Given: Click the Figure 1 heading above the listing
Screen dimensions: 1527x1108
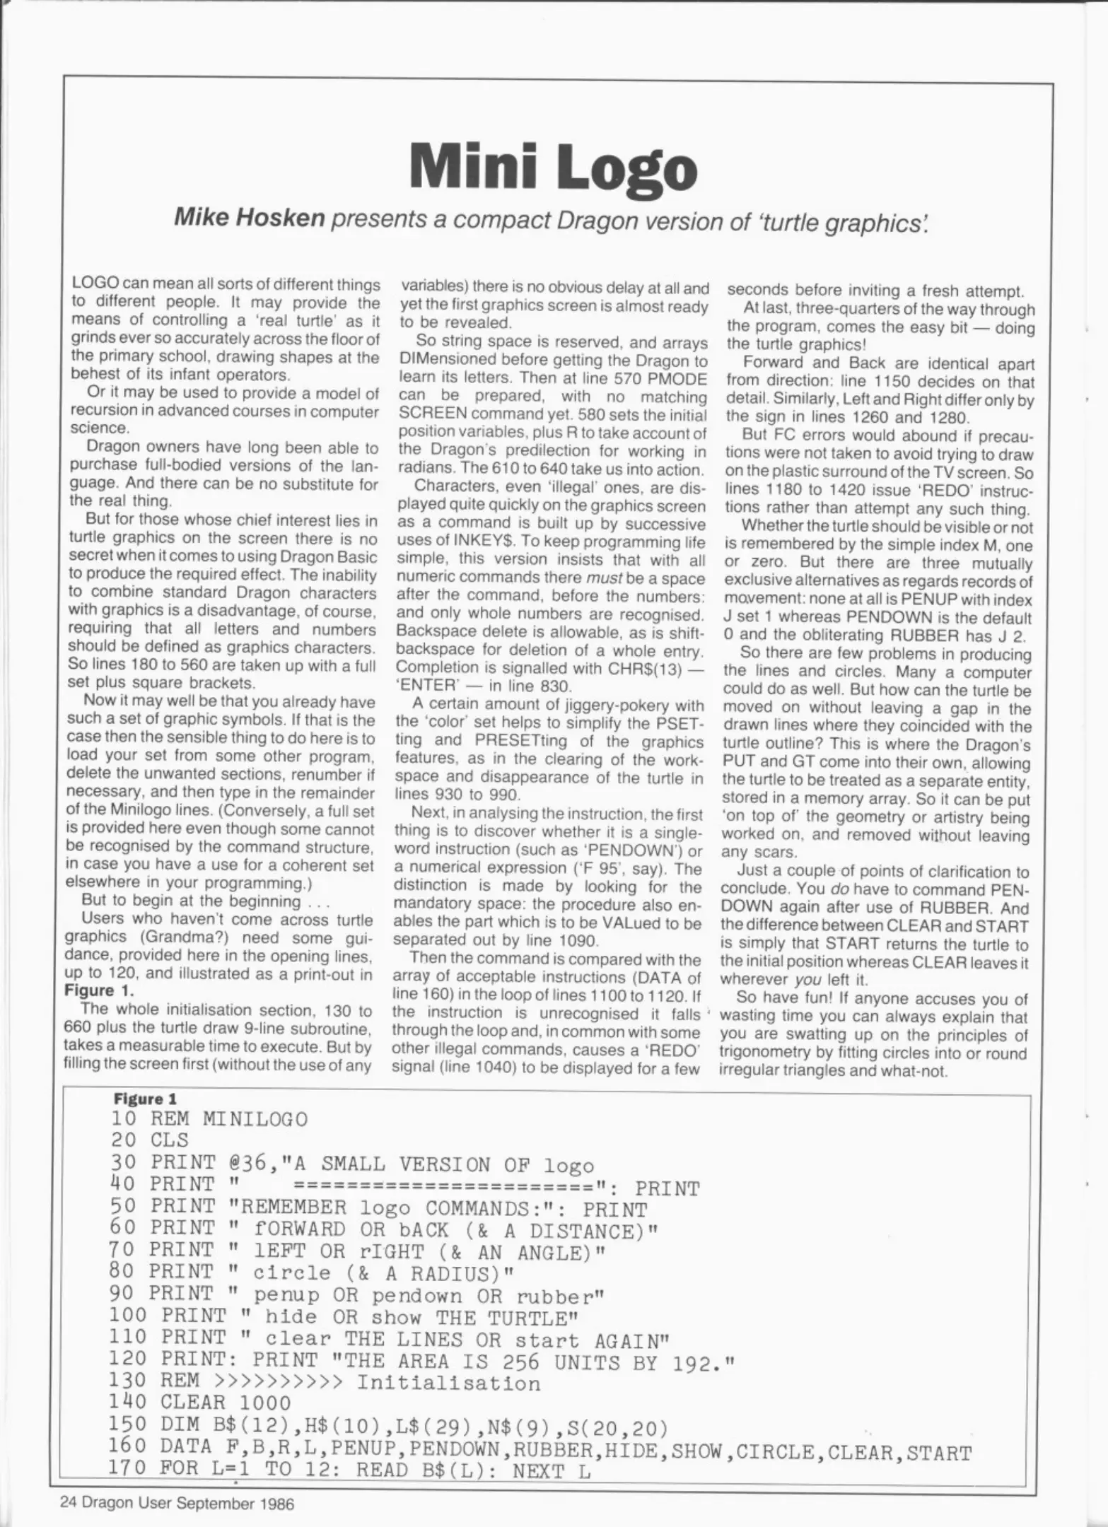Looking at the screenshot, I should [x=145, y=1098].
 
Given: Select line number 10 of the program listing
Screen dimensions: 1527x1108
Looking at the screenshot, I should [x=123, y=1119].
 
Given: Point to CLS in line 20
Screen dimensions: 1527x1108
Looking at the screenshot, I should [x=169, y=1140].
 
